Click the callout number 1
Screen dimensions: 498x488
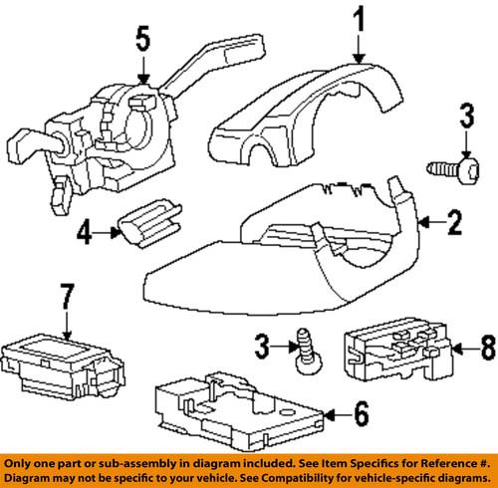[x=359, y=20]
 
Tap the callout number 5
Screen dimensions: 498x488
[x=143, y=39]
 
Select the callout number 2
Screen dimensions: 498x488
[x=454, y=222]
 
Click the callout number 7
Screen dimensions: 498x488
[x=67, y=297]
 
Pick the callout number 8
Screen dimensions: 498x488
[x=488, y=348]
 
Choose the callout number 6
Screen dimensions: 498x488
[x=362, y=413]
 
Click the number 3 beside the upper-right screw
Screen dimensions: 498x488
[x=467, y=116]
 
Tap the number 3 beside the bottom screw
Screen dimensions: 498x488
[x=262, y=347]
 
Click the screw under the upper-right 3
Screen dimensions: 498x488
[x=453, y=169]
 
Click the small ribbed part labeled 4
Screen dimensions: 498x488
[x=150, y=223]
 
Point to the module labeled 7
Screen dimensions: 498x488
[x=63, y=367]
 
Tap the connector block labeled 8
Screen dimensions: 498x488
[x=398, y=350]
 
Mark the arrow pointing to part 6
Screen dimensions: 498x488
[x=339, y=414]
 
